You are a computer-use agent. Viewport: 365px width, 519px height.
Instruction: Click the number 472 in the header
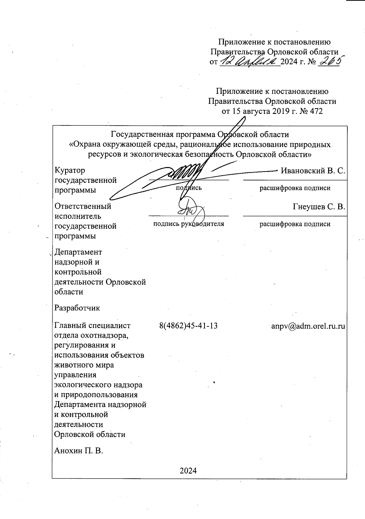pyautogui.click(x=315, y=111)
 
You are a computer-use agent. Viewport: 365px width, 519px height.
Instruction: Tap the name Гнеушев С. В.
pyautogui.click(x=319, y=207)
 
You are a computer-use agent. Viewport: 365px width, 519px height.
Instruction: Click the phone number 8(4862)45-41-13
pyautogui.click(x=188, y=326)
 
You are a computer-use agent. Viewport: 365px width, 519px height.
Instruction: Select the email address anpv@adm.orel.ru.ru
pyautogui.click(x=308, y=326)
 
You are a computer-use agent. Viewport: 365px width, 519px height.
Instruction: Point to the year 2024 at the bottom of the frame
pyautogui.click(x=188, y=470)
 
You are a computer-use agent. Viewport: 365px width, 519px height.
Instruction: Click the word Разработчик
pyautogui.click(x=77, y=308)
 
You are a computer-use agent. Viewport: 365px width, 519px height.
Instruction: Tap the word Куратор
pyautogui.click(x=70, y=170)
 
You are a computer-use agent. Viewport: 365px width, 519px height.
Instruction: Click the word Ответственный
pyautogui.click(x=83, y=207)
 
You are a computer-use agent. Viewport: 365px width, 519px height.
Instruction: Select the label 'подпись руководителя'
pyautogui.click(x=189, y=224)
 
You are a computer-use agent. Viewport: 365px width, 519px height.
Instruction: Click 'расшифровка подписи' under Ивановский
pyautogui.click(x=295, y=188)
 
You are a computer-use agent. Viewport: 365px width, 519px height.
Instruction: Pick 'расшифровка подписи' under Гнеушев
pyautogui.click(x=295, y=224)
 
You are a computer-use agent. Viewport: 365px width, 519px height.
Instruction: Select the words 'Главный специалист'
pyautogui.click(x=92, y=326)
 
